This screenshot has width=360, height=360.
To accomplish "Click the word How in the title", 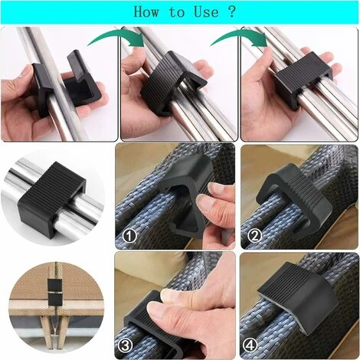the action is tap(146, 11).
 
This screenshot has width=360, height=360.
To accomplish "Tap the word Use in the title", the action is tap(206, 11).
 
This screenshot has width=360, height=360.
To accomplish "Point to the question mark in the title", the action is tap(232, 11).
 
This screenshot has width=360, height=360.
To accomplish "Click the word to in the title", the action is tap(177, 12).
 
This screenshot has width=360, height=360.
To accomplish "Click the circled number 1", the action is tap(130, 236).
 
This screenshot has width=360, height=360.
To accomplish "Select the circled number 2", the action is tap(255, 236).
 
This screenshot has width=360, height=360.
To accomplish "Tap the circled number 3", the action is tap(126, 345).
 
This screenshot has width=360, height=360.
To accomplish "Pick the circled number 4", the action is tap(250, 345).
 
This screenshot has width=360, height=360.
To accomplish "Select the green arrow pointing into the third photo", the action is tap(239, 36).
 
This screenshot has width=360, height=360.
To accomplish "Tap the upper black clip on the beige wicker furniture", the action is tap(54, 284).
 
